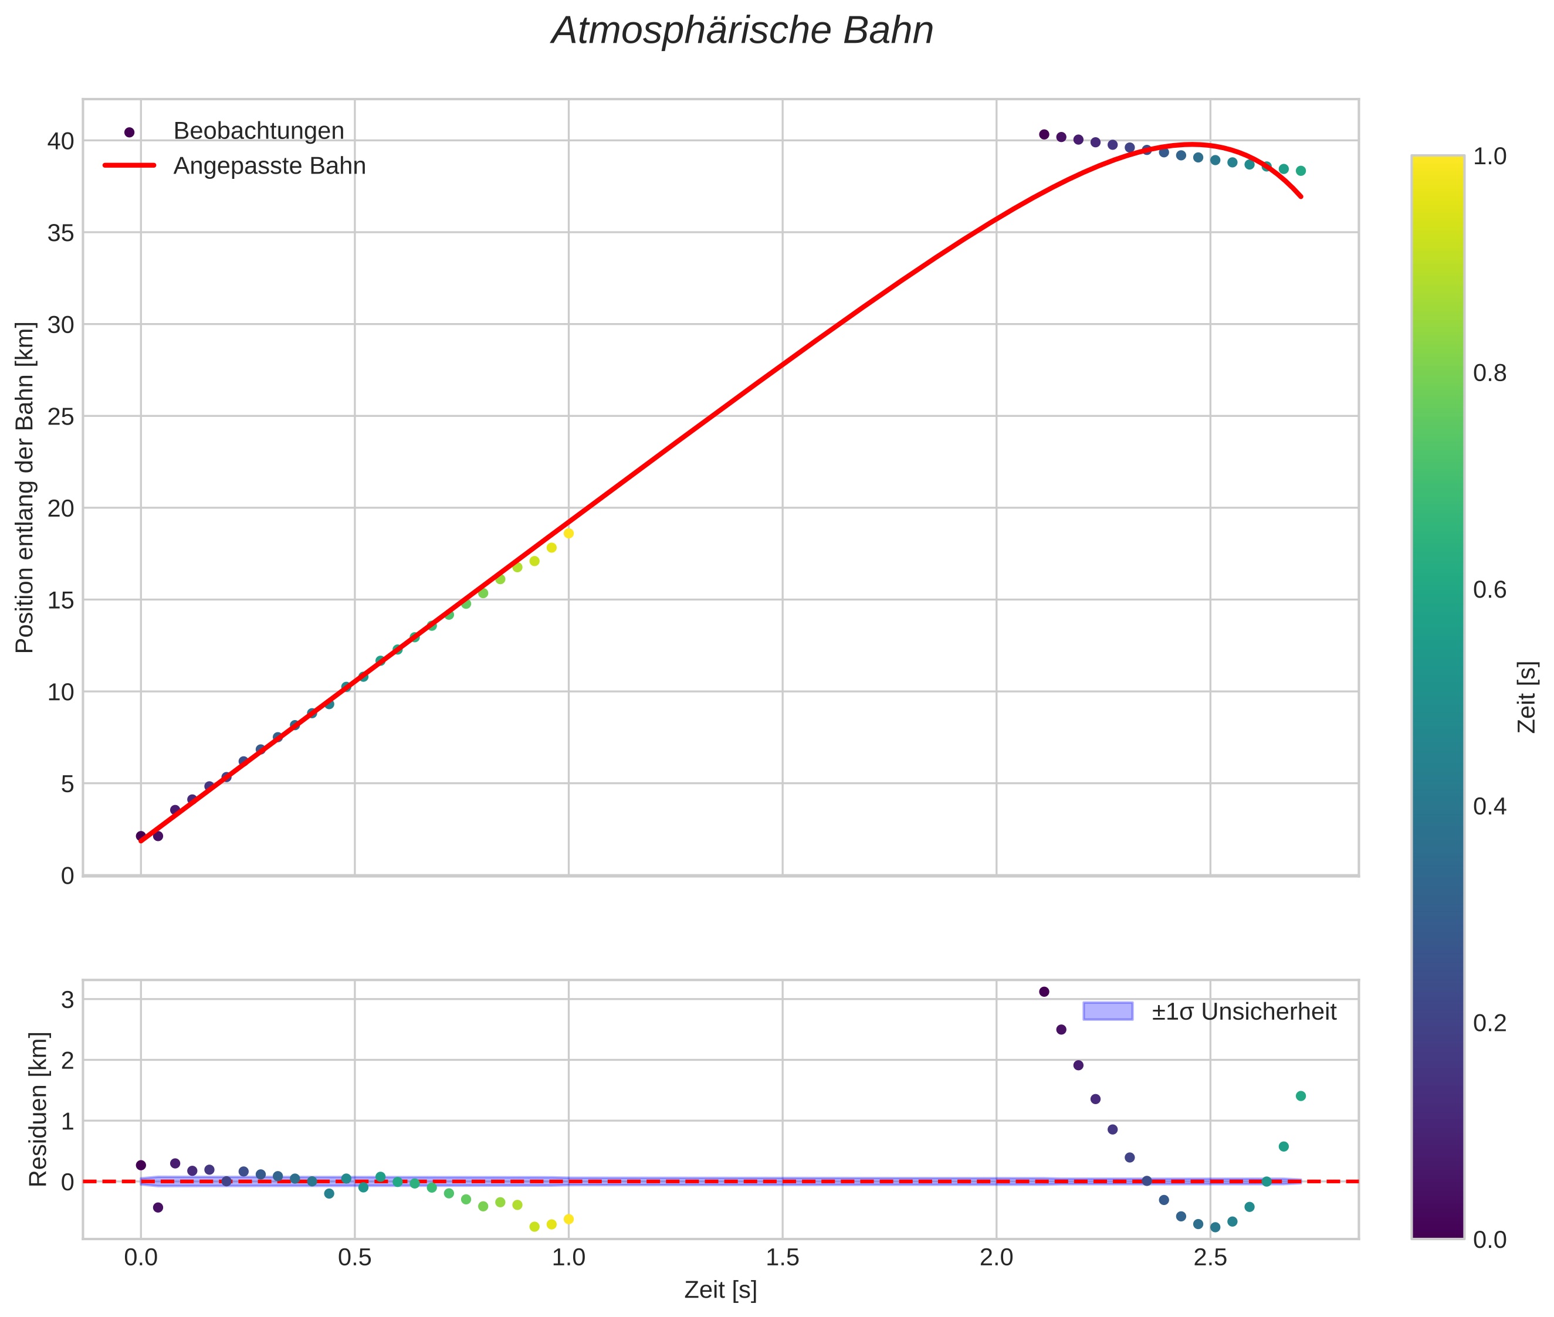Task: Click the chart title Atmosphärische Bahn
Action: tap(742, 31)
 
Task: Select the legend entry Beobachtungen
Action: tap(258, 131)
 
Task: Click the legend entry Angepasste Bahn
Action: tap(269, 166)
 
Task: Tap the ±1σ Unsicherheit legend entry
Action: tap(1242, 1011)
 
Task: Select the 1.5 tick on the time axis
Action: tap(782, 1258)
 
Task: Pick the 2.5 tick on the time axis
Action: tap(1210, 1258)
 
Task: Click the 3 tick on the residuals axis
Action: tap(68, 1000)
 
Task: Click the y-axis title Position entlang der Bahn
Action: tap(25, 487)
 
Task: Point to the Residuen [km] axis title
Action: tap(38, 1109)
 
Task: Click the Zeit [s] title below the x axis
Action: tap(720, 1290)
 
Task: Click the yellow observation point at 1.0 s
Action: tap(568, 533)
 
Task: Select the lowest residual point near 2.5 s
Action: tap(1214, 1227)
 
